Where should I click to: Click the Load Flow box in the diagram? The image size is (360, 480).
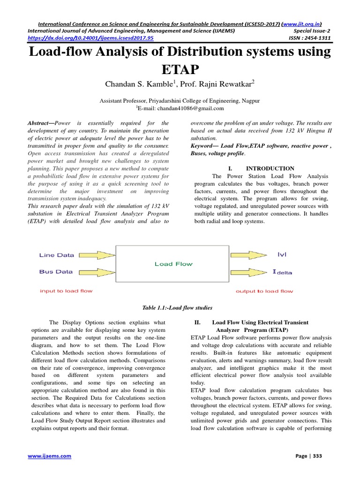coord(173,264)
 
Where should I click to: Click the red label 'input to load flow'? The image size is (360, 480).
coord(66,291)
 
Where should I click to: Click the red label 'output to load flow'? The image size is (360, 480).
coord(264,291)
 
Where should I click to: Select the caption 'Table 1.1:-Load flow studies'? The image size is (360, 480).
coord(177,308)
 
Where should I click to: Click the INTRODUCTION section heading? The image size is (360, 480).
coord(270,168)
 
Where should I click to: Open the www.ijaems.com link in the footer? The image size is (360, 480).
coord(49,456)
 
